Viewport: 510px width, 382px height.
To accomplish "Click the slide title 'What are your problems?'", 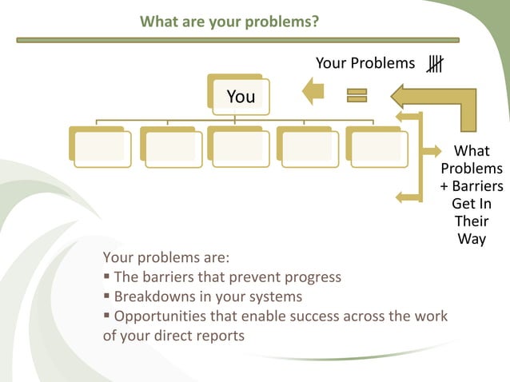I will click(x=229, y=21).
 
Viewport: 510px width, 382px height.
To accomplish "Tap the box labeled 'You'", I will click(x=240, y=96).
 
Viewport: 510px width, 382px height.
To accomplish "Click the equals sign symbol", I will click(x=356, y=96).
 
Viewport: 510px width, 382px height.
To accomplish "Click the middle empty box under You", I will click(x=237, y=147).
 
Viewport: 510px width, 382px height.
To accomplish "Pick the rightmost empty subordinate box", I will click(x=375, y=147).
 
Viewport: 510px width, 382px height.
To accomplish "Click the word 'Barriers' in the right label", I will click(x=476, y=186).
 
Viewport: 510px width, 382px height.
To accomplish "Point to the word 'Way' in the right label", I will click(x=472, y=239).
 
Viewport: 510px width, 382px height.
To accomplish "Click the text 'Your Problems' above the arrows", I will click(x=365, y=63).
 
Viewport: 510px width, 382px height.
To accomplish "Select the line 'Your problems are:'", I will click(x=166, y=257).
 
